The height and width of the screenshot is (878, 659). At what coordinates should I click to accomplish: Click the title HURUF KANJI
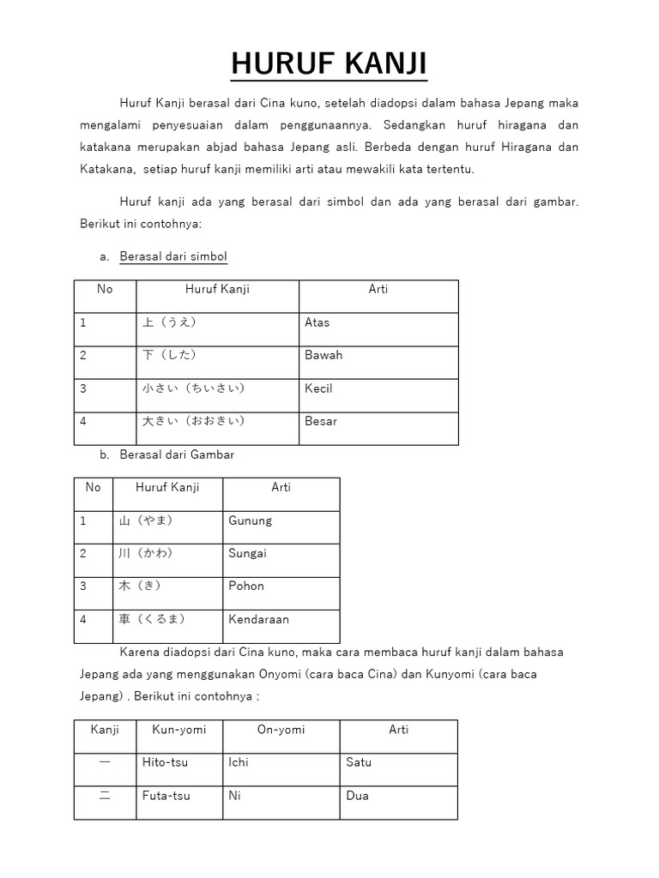(x=329, y=65)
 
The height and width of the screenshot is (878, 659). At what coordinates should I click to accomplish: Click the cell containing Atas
(x=378, y=323)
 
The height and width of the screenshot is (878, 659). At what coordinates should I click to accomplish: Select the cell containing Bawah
(x=378, y=356)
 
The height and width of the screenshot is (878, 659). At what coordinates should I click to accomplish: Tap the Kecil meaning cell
(x=378, y=388)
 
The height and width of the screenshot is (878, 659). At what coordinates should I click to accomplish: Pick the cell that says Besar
(x=378, y=422)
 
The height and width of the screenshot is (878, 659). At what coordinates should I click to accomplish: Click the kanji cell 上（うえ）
(x=217, y=323)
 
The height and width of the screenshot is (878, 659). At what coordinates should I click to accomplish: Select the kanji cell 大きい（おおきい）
(x=217, y=422)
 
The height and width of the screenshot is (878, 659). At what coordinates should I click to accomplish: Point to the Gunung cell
(x=281, y=520)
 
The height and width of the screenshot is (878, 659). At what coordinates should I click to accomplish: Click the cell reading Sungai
(x=281, y=554)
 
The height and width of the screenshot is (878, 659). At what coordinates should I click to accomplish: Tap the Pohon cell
(x=281, y=586)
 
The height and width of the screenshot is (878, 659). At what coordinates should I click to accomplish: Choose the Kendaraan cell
(x=281, y=619)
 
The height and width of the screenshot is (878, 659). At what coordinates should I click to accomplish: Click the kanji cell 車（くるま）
(x=167, y=619)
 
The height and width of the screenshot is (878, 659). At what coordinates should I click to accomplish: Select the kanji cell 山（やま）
(x=167, y=520)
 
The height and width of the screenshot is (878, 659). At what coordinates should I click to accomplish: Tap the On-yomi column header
(x=281, y=730)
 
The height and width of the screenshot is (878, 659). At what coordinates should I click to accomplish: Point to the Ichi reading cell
(x=281, y=762)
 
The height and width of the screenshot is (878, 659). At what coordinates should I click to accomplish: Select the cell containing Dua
(x=398, y=796)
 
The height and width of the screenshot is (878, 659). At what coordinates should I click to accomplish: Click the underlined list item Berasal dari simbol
(x=173, y=256)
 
